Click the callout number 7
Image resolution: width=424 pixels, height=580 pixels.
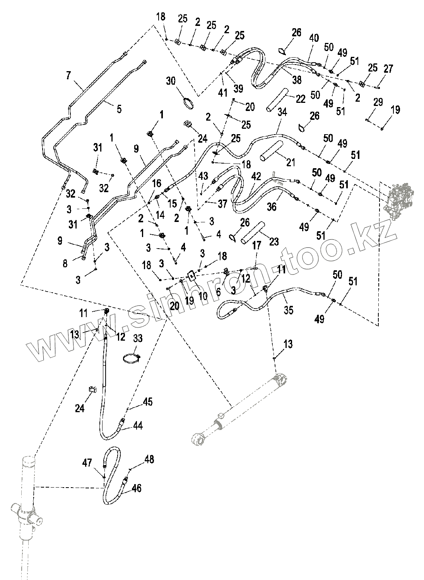tap(68, 75)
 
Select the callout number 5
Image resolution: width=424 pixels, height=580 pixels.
tap(119, 109)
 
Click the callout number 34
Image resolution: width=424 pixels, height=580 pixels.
tap(282, 113)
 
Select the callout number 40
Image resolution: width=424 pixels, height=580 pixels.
tap(314, 38)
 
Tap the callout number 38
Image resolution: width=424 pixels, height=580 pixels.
tap(297, 80)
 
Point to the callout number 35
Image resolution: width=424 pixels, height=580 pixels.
tap(289, 310)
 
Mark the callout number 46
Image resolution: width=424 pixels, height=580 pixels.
tap(136, 488)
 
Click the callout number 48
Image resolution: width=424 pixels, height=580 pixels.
tap(149, 459)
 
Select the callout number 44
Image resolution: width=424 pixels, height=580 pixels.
tap(138, 426)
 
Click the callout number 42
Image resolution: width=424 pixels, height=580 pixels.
tap(256, 177)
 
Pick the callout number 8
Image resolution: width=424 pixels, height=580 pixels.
tap(65, 263)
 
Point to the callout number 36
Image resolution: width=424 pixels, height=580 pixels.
tap(272, 207)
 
